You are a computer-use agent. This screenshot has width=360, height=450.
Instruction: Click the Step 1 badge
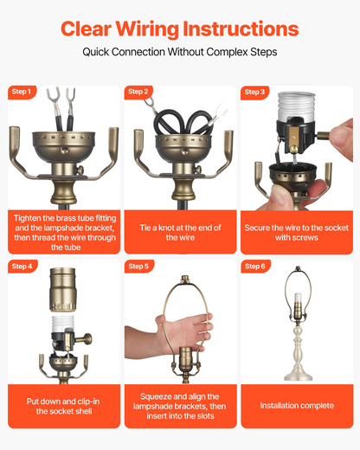click(22, 92)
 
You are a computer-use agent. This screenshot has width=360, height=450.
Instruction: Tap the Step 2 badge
click(138, 92)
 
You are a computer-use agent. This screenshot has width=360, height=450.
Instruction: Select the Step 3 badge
click(254, 93)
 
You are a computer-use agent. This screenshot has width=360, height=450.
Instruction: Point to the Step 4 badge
click(22, 267)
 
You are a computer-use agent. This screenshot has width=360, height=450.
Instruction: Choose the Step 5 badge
click(138, 267)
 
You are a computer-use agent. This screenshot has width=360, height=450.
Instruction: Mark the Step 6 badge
click(255, 267)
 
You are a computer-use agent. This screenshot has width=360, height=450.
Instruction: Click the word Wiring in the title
click(147, 29)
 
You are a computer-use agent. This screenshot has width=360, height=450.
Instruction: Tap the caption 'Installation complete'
click(297, 406)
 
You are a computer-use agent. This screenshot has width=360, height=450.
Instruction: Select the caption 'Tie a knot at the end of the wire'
click(180, 233)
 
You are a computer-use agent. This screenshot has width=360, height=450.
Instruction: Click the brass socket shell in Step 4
click(63, 290)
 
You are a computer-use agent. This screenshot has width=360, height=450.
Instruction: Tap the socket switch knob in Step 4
click(86, 338)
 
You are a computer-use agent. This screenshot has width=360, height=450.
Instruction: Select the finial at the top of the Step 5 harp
click(184, 280)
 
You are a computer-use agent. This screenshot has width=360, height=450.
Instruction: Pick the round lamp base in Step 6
click(299, 375)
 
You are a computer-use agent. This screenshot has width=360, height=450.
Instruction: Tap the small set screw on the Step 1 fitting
click(80, 170)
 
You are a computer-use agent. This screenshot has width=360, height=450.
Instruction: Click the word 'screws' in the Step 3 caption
click(306, 238)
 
